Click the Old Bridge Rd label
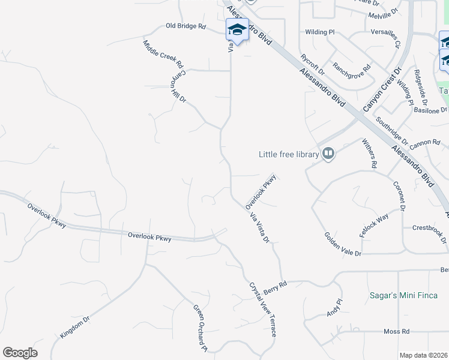(186, 27)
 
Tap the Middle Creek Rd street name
(163, 53)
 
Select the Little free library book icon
(328, 154)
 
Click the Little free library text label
(288, 154)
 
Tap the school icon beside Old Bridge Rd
(237, 30)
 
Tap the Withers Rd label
(370, 153)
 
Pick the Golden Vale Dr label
(343, 245)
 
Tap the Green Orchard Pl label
(199, 328)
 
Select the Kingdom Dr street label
(75, 328)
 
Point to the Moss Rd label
(396, 331)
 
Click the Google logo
(20, 353)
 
